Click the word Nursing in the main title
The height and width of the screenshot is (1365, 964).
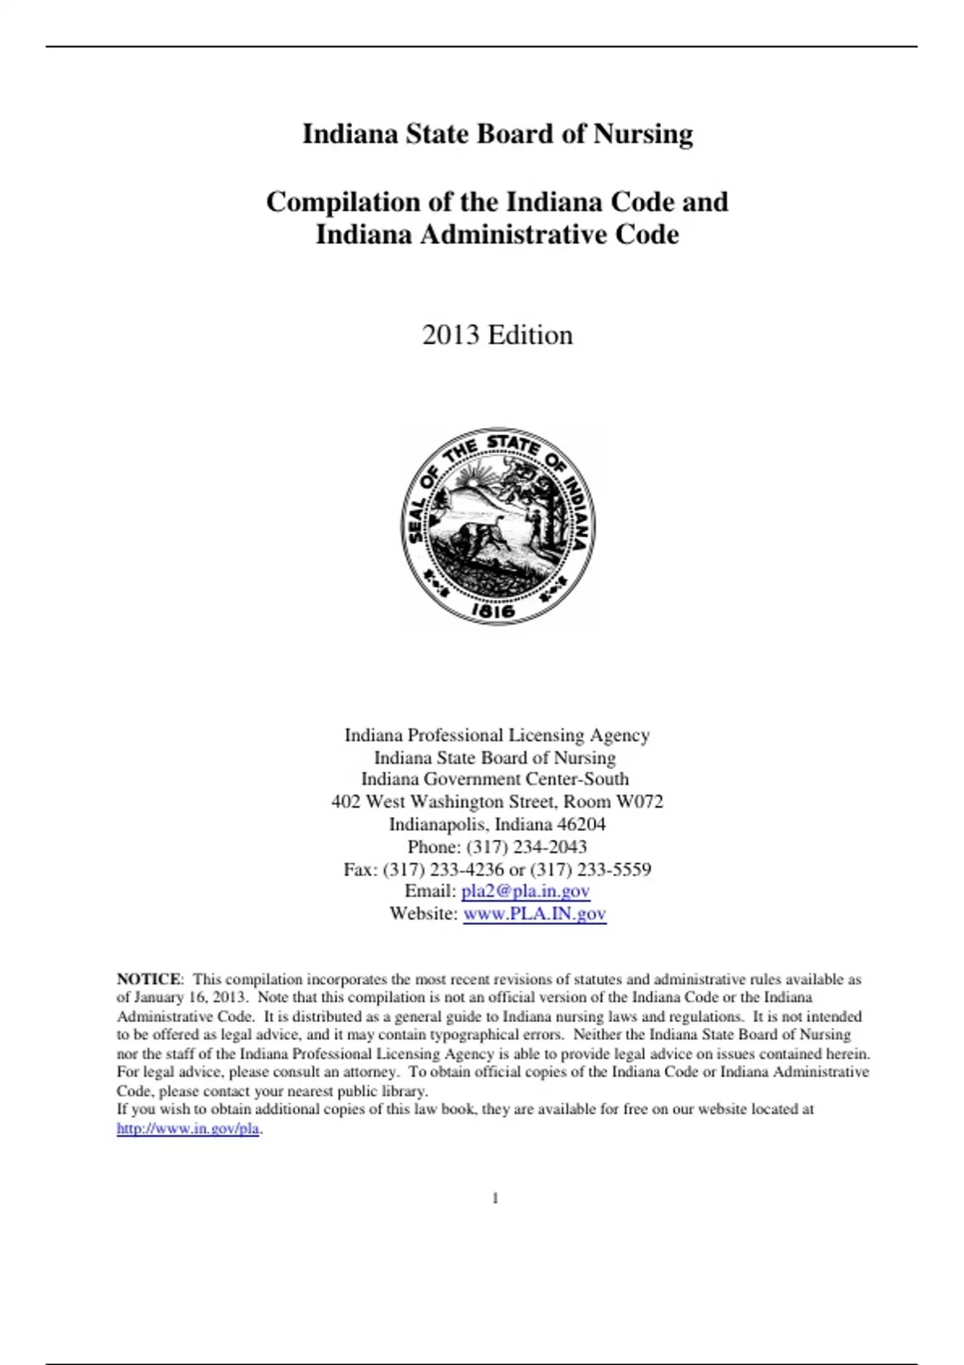(x=643, y=134)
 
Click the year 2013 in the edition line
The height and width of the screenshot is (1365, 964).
(x=451, y=335)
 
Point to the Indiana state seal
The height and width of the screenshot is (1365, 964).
(x=498, y=526)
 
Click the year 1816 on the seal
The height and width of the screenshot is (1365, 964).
(x=492, y=611)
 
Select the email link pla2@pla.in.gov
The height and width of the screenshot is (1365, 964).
(x=525, y=890)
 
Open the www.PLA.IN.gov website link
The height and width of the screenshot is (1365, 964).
(x=534, y=913)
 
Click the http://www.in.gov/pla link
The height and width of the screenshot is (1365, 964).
(x=188, y=1128)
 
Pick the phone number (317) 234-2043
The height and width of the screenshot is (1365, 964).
(x=526, y=846)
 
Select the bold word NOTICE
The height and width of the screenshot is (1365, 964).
(x=149, y=979)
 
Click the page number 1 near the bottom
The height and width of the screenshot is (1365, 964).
(x=496, y=1198)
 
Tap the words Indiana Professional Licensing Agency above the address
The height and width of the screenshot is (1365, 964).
(x=497, y=735)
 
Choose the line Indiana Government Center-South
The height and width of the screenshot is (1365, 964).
(x=495, y=779)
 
